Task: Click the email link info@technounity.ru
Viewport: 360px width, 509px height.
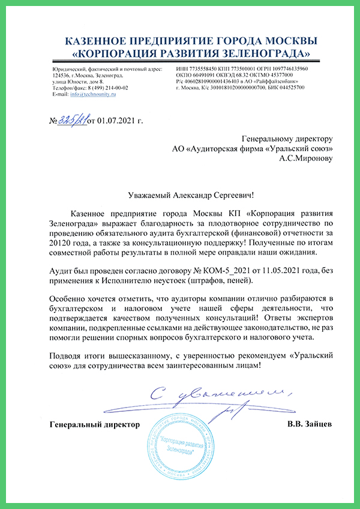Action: (93, 94)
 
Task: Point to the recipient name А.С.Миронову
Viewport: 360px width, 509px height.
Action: (306, 159)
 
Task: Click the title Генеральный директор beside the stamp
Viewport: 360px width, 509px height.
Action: (94, 424)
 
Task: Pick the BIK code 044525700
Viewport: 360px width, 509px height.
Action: (287, 88)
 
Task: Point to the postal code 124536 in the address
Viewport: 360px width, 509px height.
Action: (61, 76)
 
